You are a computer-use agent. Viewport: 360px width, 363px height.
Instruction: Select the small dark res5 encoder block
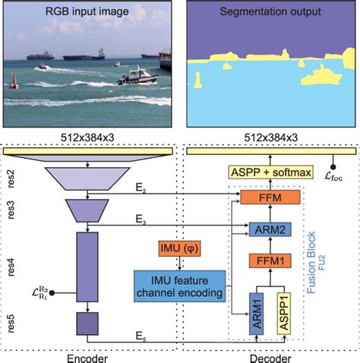coord(88,325)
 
